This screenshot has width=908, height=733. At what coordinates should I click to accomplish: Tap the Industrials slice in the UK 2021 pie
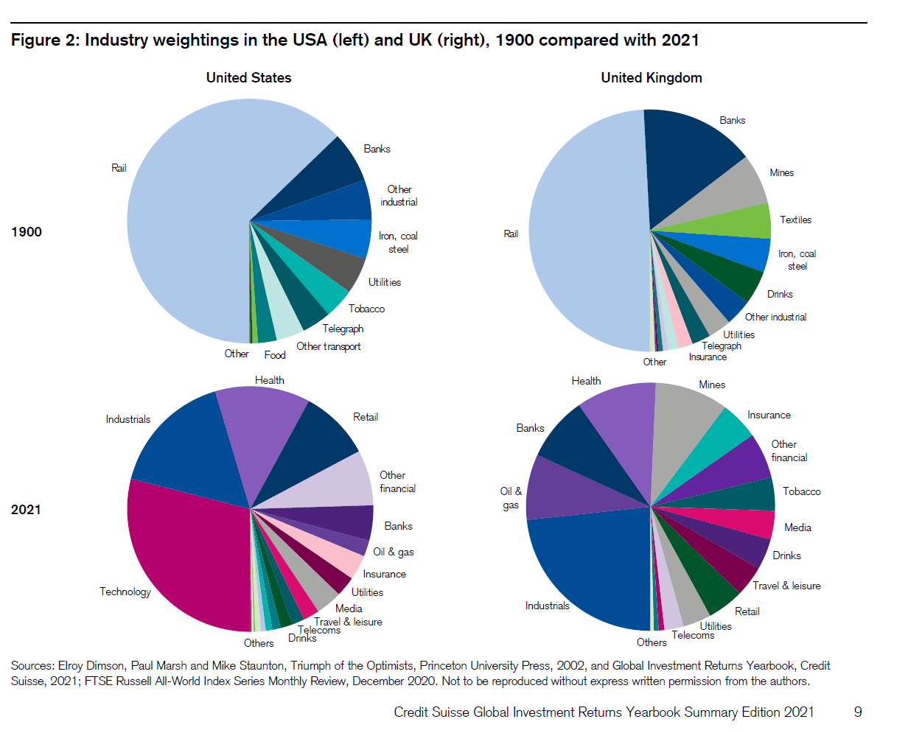[590, 567]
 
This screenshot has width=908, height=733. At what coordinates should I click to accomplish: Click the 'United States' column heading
[248, 78]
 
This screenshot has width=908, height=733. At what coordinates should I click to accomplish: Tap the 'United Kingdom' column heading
[651, 78]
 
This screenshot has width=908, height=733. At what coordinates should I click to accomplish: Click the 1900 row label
[27, 232]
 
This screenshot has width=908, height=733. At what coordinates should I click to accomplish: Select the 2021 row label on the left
[27, 510]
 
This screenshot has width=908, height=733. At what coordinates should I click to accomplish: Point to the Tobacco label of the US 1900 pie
[366, 309]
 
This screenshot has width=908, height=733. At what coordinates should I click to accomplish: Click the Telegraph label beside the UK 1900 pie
[721, 346]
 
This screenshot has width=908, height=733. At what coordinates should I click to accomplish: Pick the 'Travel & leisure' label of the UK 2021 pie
[786, 586]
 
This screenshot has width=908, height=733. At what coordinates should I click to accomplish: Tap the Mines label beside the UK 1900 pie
[781, 172]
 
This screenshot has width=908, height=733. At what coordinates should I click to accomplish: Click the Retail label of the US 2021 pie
[366, 417]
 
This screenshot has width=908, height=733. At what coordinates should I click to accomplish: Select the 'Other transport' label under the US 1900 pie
[328, 346]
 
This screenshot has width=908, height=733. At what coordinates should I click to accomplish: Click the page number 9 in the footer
[857, 712]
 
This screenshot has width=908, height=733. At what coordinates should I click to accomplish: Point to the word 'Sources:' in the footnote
[32, 665]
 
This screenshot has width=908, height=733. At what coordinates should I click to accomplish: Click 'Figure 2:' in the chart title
[44, 41]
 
